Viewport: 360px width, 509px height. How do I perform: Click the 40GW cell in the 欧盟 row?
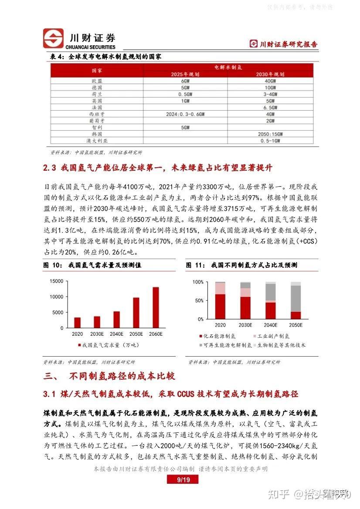270,81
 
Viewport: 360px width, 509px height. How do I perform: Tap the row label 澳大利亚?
97,141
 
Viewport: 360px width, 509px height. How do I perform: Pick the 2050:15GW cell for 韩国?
270,134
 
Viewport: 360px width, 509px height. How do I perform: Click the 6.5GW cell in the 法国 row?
270,108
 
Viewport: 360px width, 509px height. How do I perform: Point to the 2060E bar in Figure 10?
156,307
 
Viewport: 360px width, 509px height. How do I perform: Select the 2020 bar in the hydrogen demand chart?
78,322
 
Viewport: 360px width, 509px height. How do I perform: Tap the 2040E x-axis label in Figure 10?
116,334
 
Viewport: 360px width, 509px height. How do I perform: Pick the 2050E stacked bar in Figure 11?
295,300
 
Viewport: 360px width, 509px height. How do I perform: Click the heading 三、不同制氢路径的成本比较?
109,376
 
